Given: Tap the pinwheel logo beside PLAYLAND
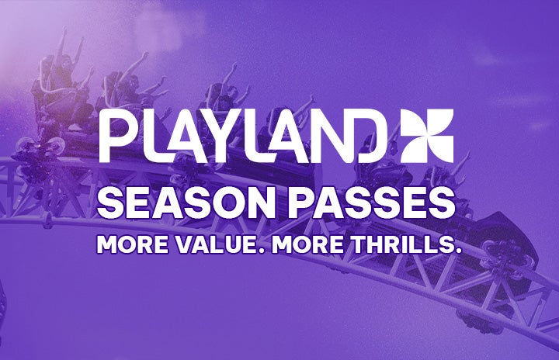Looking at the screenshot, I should tap(426, 136).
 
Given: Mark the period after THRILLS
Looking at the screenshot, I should tap(459, 250).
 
